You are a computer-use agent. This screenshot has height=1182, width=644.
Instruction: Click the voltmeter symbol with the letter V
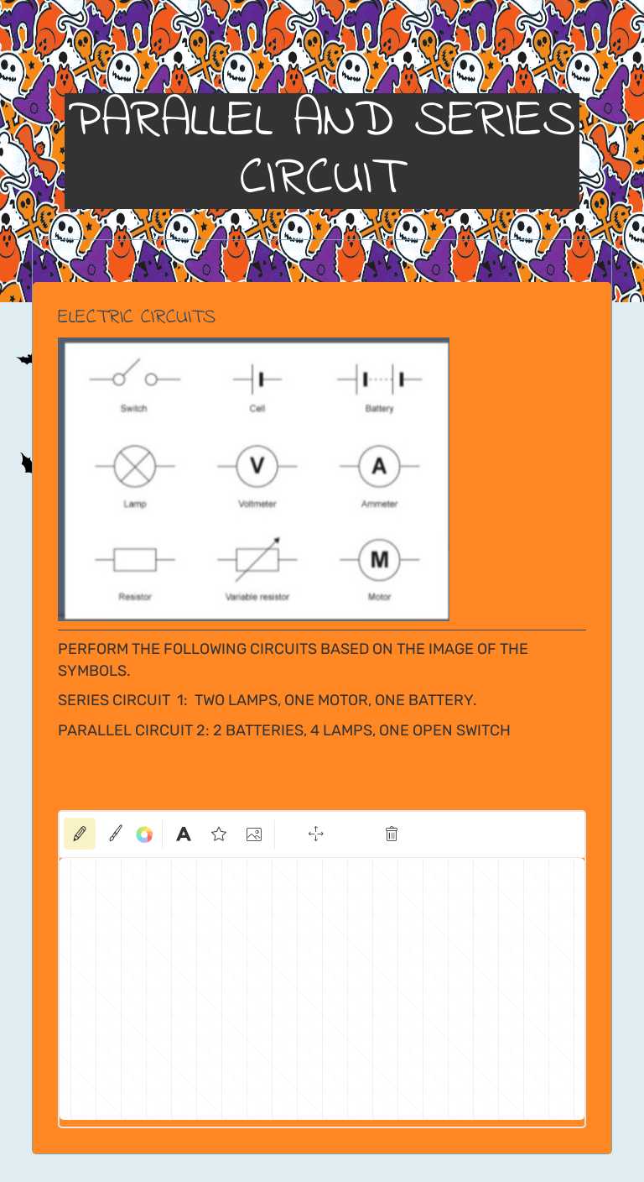click(x=257, y=466)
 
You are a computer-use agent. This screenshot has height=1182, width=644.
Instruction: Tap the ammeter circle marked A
click(x=379, y=466)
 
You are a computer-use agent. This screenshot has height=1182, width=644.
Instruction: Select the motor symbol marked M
click(x=379, y=559)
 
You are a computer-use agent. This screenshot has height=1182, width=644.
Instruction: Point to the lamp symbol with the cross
click(x=133, y=466)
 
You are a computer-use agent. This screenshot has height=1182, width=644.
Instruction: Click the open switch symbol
click(x=134, y=377)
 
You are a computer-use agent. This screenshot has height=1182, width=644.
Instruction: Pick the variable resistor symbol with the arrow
click(x=257, y=559)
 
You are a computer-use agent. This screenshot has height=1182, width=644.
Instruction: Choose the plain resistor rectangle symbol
click(x=135, y=559)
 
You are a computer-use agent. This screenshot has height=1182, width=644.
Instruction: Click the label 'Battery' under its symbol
click(x=379, y=409)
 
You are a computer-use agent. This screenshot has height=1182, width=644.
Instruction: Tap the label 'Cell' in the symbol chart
click(x=257, y=409)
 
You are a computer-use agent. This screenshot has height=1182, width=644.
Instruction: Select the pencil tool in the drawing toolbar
click(x=80, y=834)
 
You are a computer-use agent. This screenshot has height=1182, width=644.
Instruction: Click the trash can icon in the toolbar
click(x=392, y=834)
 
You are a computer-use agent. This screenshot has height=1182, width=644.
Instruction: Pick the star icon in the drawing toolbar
click(x=219, y=834)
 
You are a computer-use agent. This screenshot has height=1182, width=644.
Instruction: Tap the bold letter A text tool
click(x=183, y=834)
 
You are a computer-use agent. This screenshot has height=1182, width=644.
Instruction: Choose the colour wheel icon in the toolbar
click(x=144, y=834)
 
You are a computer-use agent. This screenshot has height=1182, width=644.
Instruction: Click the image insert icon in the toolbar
click(x=254, y=834)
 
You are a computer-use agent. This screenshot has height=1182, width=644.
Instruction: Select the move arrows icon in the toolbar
click(x=316, y=834)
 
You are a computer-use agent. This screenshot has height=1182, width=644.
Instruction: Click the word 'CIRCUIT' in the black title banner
click(x=322, y=176)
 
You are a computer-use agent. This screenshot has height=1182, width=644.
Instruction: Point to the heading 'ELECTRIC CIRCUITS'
click(x=136, y=316)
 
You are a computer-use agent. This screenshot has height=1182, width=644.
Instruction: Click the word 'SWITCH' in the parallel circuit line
click(x=482, y=730)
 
